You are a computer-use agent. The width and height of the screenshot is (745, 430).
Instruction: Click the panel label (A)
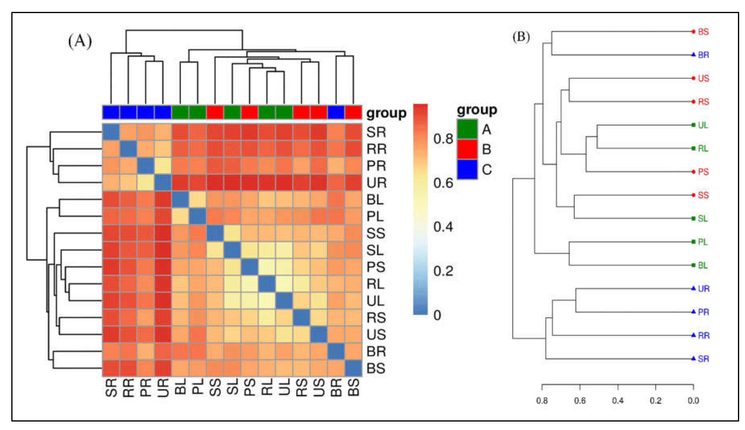click(x=80, y=41)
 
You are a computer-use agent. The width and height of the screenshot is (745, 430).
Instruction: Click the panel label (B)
click(x=521, y=37)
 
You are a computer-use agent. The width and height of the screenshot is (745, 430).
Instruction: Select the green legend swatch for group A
click(x=467, y=129)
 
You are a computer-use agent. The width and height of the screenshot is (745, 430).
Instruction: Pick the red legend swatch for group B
click(x=467, y=149)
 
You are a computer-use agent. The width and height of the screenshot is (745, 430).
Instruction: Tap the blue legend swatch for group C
click(x=467, y=169)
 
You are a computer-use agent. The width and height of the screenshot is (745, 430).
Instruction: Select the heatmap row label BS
click(x=376, y=368)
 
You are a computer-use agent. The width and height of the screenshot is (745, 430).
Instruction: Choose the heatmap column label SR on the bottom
click(x=111, y=387)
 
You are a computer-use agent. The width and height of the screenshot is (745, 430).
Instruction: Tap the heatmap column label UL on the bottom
click(x=284, y=387)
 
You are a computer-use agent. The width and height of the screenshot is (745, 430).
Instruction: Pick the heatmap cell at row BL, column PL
click(x=197, y=200)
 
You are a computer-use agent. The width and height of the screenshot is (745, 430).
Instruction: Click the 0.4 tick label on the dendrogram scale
click(x=617, y=401)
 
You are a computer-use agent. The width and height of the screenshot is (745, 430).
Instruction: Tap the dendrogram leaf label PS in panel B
click(x=703, y=172)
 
